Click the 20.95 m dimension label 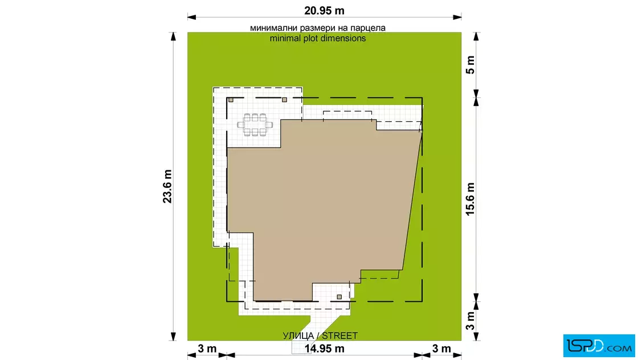[x=324, y=11]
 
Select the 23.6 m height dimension [x=167, y=186]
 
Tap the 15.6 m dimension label [x=470, y=199]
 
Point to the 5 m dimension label [x=470, y=65]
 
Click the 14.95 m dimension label [x=324, y=349]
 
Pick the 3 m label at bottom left [x=207, y=349]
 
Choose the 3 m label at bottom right [x=441, y=349]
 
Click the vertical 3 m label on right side [x=470, y=321]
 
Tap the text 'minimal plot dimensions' [x=318, y=38]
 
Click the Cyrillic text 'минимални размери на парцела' [x=318, y=28]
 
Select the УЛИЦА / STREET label [x=320, y=336]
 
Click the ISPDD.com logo [x=599, y=346]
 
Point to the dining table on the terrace [x=255, y=125]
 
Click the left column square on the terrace [x=231, y=100]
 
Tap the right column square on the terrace [x=284, y=100]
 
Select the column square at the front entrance [x=339, y=297]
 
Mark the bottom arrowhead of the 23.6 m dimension [x=173, y=336]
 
